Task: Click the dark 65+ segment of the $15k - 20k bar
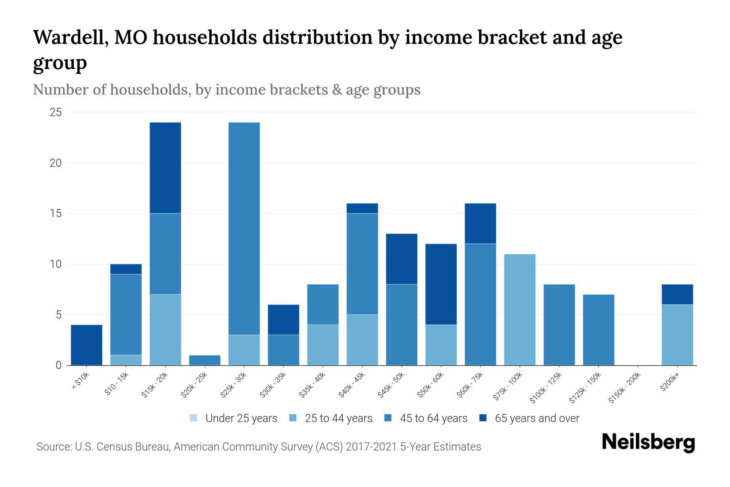[x=165, y=168]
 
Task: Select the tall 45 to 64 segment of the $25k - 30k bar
[x=244, y=228]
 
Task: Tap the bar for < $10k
[x=86, y=345]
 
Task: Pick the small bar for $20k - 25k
[x=205, y=360]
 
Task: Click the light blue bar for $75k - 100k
[x=520, y=310]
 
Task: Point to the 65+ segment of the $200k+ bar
[x=677, y=294]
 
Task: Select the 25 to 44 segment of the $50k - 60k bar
[x=441, y=345]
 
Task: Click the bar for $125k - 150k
[x=599, y=330]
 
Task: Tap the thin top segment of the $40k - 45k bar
[x=362, y=208]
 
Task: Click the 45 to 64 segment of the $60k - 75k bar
[x=481, y=304]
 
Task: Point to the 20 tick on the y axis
[x=56, y=163]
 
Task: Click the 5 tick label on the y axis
[x=58, y=315]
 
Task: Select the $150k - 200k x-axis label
[x=625, y=388]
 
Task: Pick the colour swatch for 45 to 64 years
[x=388, y=418]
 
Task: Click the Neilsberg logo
[x=648, y=442]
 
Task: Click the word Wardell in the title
[x=70, y=38]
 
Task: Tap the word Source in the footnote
[x=53, y=447]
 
